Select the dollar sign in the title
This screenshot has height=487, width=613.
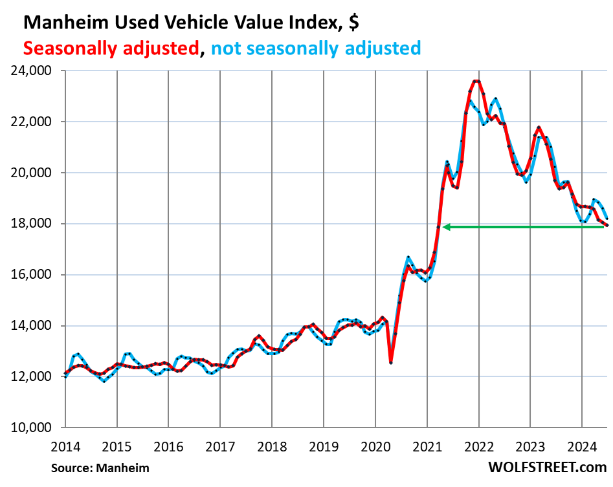(x=353, y=23)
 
